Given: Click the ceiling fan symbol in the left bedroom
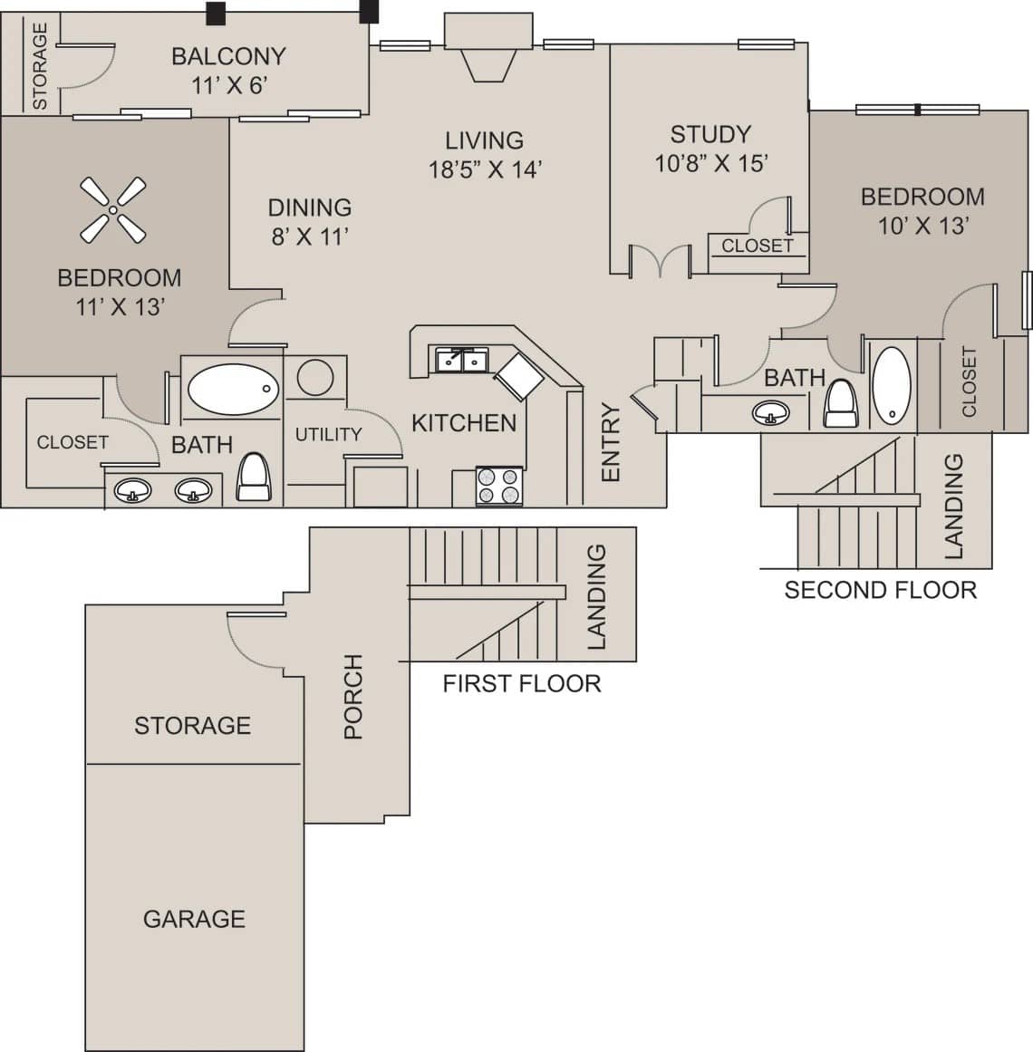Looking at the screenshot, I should click(113, 210).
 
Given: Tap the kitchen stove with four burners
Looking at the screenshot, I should click(499, 486).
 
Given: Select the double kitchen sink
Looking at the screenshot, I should click(462, 361).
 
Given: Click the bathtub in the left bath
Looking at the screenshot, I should click(232, 390).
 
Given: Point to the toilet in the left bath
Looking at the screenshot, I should click(253, 478).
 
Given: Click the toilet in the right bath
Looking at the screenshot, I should click(840, 404).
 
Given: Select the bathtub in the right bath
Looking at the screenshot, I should click(893, 386).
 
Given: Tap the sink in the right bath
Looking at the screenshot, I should click(771, 413).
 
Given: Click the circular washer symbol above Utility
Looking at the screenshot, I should click(315, 377).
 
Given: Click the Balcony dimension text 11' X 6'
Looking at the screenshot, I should click(228, 85).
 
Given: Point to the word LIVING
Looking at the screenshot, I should click(484, 140).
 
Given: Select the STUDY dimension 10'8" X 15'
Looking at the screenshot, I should click(711, 163).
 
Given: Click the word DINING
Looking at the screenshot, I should click(310, 208).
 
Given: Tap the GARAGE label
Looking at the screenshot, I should click(194, 919).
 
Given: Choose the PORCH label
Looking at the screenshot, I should click(352, 696).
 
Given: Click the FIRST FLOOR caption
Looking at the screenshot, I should click(522, 683).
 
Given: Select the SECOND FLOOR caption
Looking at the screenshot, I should click(880, 590).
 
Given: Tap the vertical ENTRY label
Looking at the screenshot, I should click(611, 442).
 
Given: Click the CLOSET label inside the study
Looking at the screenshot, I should click(757, 246).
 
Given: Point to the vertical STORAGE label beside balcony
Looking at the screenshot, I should click(40, 66).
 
